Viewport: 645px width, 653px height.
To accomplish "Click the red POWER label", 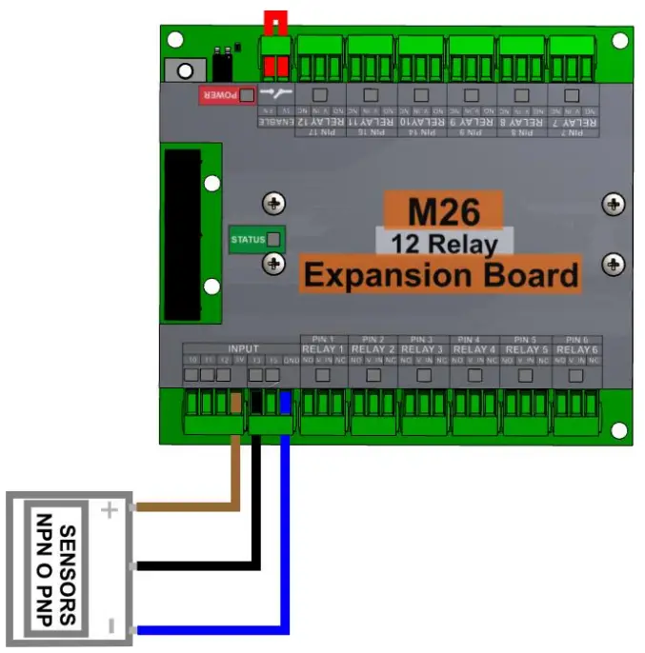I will click(218, 95).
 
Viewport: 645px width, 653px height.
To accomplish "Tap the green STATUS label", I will click(248, 239).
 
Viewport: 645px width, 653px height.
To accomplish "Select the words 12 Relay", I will click(444, 244).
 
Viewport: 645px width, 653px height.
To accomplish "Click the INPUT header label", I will click(244, 349).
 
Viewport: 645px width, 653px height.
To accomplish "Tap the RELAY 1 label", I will click(323, 350).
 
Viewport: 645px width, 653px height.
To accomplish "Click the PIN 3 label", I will click(423, 340).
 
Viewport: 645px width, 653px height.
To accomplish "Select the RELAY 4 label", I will click(474, 350).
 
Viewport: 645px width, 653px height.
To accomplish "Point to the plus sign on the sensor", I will click(110, 510).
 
